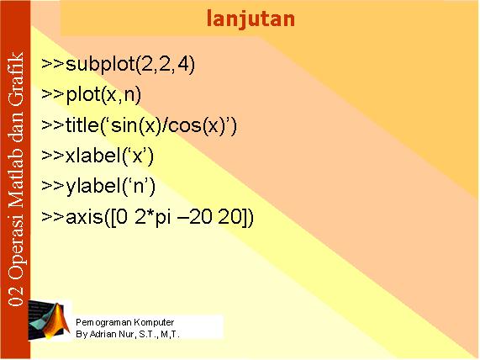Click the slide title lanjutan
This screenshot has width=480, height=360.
click(x=251, y=19)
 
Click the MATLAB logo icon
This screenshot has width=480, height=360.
click(x=50, y=320)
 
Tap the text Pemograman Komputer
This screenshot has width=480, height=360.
click(x=125, y=322)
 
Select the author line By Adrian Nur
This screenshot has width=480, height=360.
click(x=128, y=334)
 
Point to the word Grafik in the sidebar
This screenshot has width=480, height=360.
click(x=16, y=79)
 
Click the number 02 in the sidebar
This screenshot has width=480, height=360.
click(x=16, y=296)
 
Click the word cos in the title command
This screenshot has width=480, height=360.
click(x=183, y=125)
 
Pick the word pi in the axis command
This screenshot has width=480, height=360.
click(x=163, y=218)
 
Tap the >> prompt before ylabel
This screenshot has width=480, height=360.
click(x=53, y=186)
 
